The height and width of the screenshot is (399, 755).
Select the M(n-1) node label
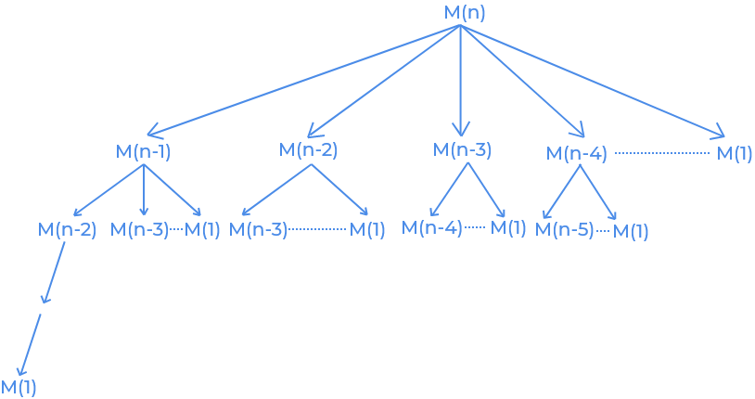[143, 151]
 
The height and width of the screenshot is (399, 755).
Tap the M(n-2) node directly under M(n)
[308, 149]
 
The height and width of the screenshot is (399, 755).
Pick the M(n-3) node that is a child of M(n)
[462, 149]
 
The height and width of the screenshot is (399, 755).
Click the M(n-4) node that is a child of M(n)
[577, 153]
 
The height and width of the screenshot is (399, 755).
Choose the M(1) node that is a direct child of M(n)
[735, 153]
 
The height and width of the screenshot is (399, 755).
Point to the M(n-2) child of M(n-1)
[67, 229]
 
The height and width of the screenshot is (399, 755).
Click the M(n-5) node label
[565, 229]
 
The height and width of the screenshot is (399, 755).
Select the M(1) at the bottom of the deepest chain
[19, 387]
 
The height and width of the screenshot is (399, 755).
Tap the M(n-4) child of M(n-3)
[431, 226]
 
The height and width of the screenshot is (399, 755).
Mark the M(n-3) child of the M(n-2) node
[258, 229]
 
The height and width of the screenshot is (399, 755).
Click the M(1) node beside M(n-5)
[631, 231]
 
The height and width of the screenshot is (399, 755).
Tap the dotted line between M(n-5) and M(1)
[603, 229]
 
